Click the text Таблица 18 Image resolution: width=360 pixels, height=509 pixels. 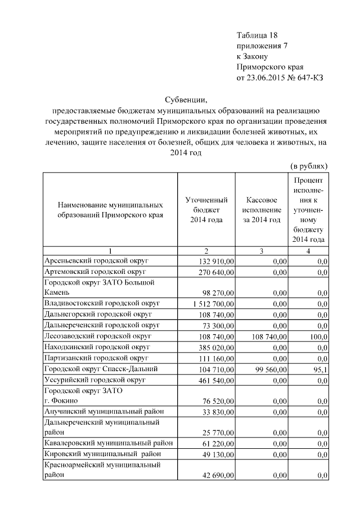click(257, 35)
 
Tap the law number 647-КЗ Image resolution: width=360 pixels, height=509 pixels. click(309, 78)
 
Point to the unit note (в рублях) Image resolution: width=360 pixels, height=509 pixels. click(309, 166)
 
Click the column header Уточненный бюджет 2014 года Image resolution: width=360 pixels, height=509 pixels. click(206, 210)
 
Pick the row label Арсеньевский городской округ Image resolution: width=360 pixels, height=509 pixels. click(96, 262)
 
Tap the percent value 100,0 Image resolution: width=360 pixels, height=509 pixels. click(318, 336)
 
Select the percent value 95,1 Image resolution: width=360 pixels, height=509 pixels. click(319, 368)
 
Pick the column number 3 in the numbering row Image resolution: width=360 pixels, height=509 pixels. click(263, 251)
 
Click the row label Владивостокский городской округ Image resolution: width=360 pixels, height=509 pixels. click(102, 303)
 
